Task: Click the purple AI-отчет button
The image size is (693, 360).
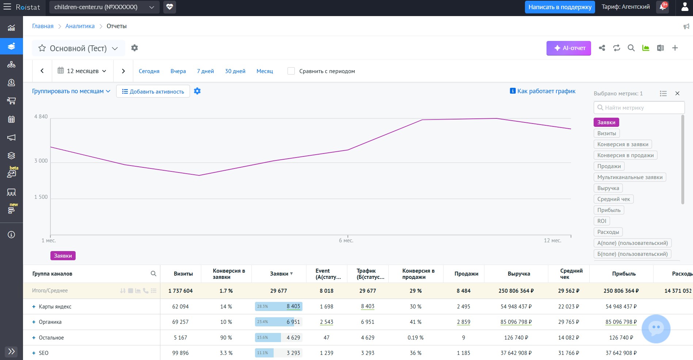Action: (x=568, y=48)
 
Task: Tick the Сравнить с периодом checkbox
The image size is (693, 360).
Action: (x=291, y=71)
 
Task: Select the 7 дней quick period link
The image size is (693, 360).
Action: (x=205, y=71)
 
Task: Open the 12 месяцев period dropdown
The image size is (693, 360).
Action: (x=82, y=71)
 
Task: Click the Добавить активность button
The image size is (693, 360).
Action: (x=153, y=91)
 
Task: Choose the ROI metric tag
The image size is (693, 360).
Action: (x=602, y=221)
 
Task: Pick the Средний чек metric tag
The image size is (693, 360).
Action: (x=614, y=199)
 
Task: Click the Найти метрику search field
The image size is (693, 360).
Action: (x=639, y=108)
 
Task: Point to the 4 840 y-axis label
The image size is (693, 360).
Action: (x=41, y=117)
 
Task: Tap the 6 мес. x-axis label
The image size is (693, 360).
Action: (x=346, y=240)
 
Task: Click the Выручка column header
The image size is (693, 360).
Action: (x=519, y=274)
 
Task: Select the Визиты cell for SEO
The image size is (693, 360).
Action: (x=180, y=353)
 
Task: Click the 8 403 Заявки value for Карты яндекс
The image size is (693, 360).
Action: (x=293, y=306)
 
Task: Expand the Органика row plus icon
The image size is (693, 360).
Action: (x=34, y=322)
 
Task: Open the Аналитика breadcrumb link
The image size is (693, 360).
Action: (x=80, y=26)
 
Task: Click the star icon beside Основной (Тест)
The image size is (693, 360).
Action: (x=42, y=48)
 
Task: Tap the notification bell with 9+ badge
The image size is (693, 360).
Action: (x=663, y=7)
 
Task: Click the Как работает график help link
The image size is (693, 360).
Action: (x=542, y=91)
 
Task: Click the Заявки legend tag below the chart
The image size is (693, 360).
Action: (x=63, y=256)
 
